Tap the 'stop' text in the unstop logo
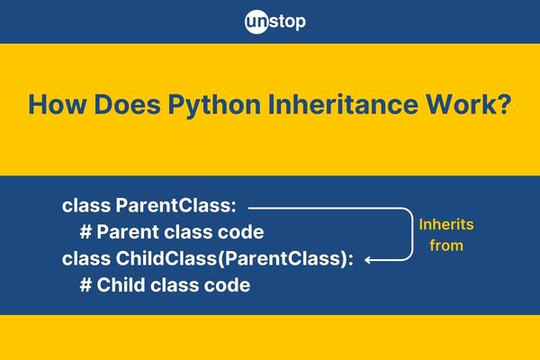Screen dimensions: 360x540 tap(290, 20)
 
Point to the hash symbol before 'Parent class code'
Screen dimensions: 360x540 tap(85, 232)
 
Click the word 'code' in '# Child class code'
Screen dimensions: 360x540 tap(229, 285)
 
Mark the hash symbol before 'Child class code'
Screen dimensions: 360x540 tap(85, 285)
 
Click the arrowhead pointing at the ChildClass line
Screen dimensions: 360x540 tap(372, 259)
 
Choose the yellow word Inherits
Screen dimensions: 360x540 tap(446, 224)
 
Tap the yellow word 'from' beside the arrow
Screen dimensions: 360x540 tap(446, 244)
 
